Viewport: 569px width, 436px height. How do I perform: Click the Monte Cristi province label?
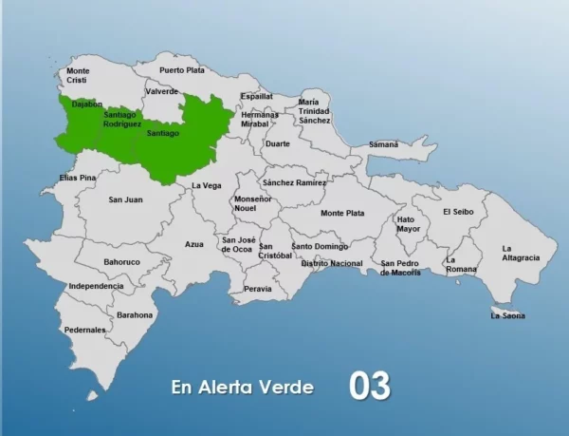78,75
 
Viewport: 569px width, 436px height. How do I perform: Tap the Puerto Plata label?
182,70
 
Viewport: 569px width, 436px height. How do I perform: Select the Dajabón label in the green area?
87,103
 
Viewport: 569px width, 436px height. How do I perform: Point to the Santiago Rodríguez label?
122,120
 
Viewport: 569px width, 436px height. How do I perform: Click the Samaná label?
383,143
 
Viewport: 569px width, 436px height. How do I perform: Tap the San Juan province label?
125,199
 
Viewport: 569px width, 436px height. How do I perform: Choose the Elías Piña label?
78,178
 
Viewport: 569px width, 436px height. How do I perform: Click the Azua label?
194,244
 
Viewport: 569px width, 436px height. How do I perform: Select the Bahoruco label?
121,261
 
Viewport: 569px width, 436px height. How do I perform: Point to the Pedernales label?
84,330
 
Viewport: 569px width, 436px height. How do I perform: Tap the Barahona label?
135,314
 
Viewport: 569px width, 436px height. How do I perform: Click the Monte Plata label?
342,214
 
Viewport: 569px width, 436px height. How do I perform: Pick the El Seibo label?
458,212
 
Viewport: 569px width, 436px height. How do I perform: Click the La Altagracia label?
521,253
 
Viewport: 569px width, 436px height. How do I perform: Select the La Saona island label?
507,315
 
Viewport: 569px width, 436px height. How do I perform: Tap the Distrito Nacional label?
331,263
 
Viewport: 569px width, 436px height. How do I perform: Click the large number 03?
370,386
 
